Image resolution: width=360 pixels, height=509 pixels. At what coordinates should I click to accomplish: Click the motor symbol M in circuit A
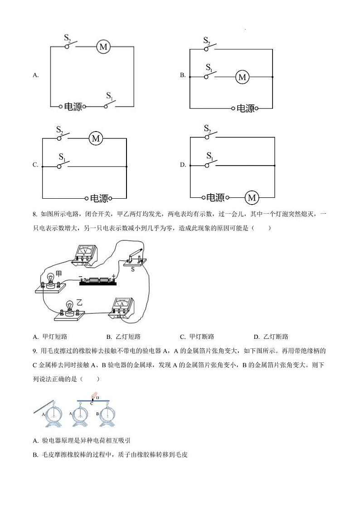coord(103,46)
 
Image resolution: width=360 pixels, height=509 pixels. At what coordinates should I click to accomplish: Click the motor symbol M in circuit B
coord(242,78)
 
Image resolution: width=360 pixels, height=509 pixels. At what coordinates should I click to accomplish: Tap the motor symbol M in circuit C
coord(96,138)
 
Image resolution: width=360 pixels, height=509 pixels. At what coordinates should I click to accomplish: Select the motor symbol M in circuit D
coord(252,198)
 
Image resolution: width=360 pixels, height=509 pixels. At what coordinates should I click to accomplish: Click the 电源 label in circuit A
coord(73,107)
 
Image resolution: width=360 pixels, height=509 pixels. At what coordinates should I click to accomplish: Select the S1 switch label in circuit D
coord(209,156)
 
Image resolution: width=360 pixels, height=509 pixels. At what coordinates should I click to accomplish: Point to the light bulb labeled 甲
coord(50,282)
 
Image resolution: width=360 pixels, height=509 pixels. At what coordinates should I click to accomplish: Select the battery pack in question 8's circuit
coord(98,282)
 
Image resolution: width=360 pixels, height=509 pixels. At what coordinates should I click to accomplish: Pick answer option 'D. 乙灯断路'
coord(271,337)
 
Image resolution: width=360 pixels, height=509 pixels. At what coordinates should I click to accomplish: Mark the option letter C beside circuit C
coord(35,165)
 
